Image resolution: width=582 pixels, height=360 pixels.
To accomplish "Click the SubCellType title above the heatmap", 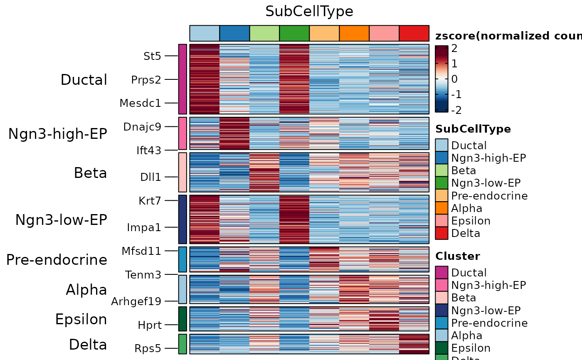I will pyautogui.click(x=309, y=12).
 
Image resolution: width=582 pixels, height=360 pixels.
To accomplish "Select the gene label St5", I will pyautogui.click(x=152, y=56).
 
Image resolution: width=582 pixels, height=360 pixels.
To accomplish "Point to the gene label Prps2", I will pyautogui.click(x=146, y=79).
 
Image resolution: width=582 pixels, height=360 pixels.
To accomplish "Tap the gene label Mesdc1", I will pyautogui.click(x=140, y=103).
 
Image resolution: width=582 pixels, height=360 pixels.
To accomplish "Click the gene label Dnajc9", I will pyautogui.click(x=142, y=127).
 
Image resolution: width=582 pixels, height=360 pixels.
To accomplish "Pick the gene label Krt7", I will pyautogui.click(x=150, y=201).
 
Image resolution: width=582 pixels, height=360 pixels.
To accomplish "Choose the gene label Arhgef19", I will pyautogui.click(x=136, y=301).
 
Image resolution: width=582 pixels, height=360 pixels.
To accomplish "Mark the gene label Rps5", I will pyautogui.click(x=148, y=348).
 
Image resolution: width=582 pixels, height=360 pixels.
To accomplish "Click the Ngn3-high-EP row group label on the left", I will pyautogui.click(x=58, y=134).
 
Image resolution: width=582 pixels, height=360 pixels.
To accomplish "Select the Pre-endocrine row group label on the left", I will pyautogui.click(x=57, y=260).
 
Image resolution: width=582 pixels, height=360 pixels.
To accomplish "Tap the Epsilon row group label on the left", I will pyautogui.click(x=81, y=319).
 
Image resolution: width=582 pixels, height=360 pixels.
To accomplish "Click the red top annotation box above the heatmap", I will pyautogui.click(x=414, y=33).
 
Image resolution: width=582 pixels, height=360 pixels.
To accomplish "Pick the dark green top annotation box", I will pyautogui.click(x=294, y=33).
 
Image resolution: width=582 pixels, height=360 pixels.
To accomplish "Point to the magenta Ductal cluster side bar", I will pyautogui.click(x=182, y=79).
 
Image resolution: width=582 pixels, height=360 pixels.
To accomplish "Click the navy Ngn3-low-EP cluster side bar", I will pyautogui.click(x=182, y=219).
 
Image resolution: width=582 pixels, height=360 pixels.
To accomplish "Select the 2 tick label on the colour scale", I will pyautogui.click(x=454, y=49).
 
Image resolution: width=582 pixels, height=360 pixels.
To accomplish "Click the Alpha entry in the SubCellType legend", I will pyautogui.click(x=466, y=208).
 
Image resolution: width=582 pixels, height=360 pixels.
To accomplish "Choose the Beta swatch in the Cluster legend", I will pyautogui.click(x=441, y=298).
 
